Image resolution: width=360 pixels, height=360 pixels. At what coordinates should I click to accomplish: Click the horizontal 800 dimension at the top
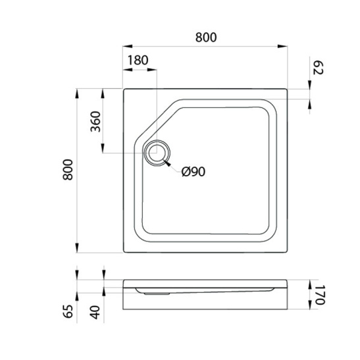206,38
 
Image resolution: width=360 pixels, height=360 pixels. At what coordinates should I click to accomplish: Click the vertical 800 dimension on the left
68,170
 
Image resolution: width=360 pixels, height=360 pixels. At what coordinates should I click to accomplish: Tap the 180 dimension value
138,61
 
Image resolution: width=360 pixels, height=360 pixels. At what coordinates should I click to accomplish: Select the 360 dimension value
95,122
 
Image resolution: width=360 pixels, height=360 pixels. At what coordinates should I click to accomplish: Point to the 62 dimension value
319,68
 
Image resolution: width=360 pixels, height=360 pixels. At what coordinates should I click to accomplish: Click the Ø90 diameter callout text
193,172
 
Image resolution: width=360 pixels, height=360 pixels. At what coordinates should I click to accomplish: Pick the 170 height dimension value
319,295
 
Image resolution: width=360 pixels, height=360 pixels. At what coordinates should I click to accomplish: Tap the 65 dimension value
68,311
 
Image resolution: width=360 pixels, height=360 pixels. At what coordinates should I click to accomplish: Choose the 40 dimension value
95,313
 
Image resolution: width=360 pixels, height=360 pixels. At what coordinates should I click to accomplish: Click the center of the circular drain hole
157,153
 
